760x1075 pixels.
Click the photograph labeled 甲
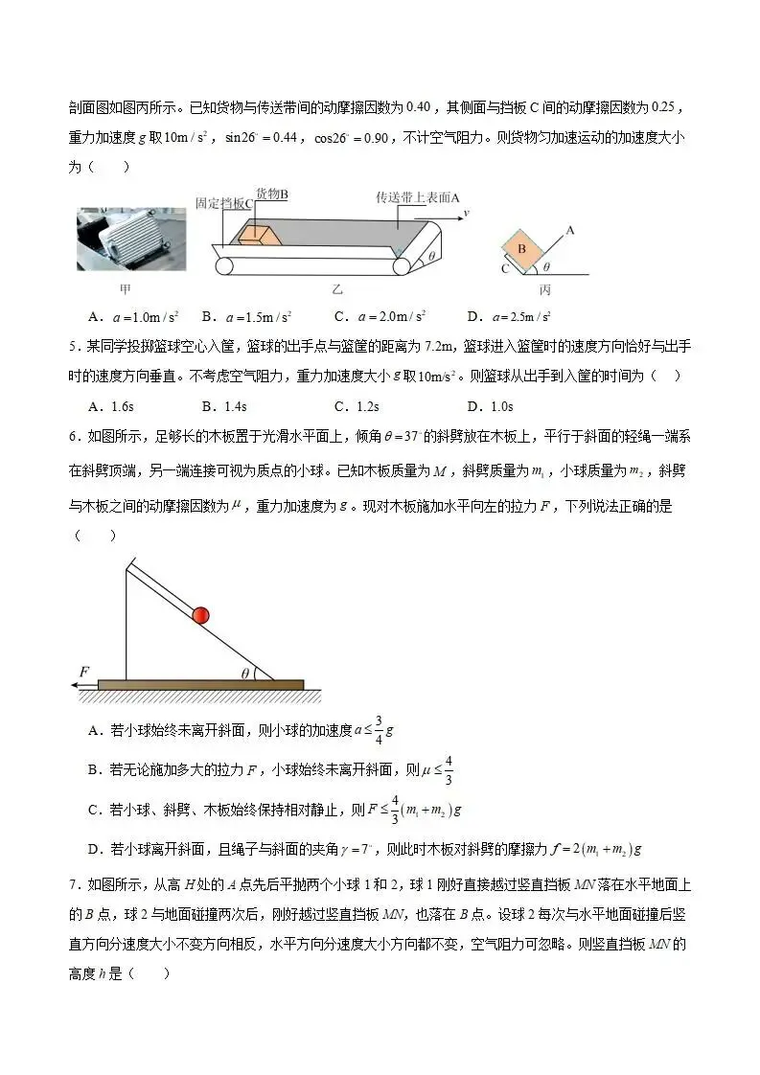pos(125,240)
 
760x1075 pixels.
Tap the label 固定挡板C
pos(224,203)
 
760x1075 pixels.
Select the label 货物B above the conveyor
pos(272,194)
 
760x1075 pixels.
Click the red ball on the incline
pos(200,615)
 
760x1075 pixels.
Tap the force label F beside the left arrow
pos(84,672)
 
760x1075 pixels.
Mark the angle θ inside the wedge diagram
pos(245,674)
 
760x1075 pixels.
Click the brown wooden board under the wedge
pos(200,685)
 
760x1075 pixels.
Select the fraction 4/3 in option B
pos(449,769)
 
